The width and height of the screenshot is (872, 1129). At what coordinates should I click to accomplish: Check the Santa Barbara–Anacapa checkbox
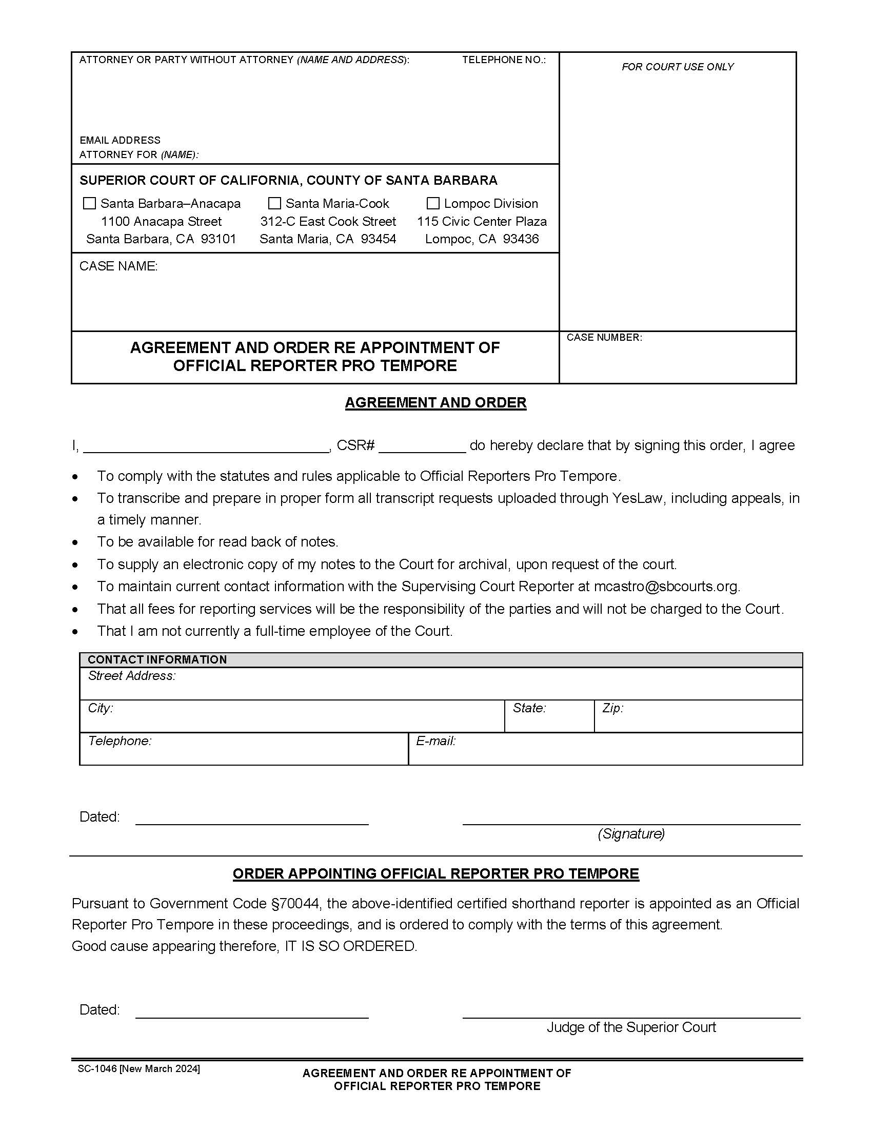tap(89, 203)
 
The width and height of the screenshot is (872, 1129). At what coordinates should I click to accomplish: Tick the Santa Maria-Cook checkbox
tap(275, 203)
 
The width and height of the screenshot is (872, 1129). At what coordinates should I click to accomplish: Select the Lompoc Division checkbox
tap(433, 203)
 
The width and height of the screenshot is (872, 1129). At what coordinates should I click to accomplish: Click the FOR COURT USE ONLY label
tap(677, 67)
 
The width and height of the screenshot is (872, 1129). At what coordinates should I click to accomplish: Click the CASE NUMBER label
tap(604, 338)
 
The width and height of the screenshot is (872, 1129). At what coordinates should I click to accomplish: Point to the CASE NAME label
tap(118, 266)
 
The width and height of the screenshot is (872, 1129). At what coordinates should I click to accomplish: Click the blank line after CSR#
tap(422, 446)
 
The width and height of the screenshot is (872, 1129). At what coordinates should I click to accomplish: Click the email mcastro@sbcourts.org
tap(666, 586)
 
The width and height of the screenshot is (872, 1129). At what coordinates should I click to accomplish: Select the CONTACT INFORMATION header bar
tap(441, 659)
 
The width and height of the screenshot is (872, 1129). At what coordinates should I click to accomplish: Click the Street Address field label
tap(132, 676)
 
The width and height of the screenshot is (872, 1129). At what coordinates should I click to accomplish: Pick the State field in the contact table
tap(549, 716)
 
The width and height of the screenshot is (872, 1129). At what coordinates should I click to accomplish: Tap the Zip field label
tap(612, 708)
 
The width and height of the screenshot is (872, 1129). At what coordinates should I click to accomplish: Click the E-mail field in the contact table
tap(605, 749)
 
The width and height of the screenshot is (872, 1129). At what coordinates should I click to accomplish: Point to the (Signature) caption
tap(631, 833)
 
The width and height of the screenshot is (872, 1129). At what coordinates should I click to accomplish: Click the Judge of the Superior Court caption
tap(631, 1027)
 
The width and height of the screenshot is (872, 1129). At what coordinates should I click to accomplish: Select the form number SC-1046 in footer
tap(97, 1068)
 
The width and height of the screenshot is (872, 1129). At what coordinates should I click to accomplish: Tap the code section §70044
tap(296, 903)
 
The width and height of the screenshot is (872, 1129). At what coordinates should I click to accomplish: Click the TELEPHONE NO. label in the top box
tap(503, 60)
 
